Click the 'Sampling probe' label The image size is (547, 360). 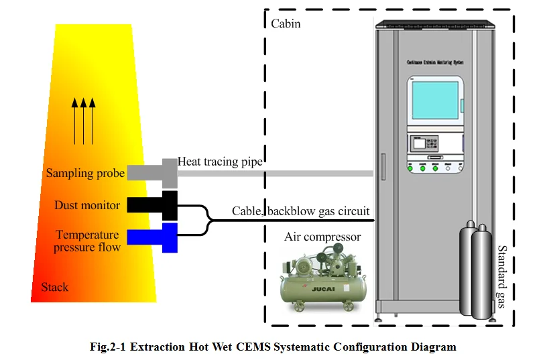pyautogui.click(x=85, y=174)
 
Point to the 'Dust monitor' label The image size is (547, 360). pyautogui.click(x=87, y=206)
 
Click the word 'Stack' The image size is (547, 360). pyautogui.click(x=55, y=287)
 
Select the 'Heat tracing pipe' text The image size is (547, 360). pyautogui.click(x=220, y=162)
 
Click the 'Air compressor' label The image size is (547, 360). pyautogui.click(x=322, y=237)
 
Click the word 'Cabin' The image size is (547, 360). pyautogui.click(x=286, y=24)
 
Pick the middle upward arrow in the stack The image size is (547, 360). pyautogui.click(x=83, y=121)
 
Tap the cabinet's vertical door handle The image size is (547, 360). pyautogui.click(x=383, y=170)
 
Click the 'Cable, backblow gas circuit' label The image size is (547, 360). pyautogui.click(x=301, y=211)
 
